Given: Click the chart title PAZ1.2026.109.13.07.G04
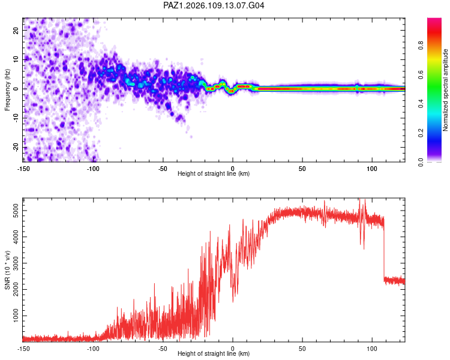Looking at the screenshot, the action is tap(214, 5).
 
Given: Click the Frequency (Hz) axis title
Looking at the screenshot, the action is tap(7, 90).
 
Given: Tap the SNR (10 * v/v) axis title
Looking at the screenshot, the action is tap(7, 270).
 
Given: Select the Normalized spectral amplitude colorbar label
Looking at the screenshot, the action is tap(445, 90).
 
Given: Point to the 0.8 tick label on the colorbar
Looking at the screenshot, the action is tap(421, 46).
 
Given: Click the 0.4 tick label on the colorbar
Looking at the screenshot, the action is tap(421, 104).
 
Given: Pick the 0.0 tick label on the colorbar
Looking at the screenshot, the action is tap(421, 162).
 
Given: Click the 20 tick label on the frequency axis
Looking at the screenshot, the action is tap(16, 30).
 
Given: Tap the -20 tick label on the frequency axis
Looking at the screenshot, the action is tap(16, 147).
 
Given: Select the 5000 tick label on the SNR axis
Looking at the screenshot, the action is tap(16, 211).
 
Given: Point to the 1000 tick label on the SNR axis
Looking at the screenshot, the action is tap(16, 316).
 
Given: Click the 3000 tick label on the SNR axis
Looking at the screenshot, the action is tap(16, 263).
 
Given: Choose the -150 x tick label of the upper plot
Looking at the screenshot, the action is tap(23, 169).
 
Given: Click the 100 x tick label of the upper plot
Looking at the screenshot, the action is tap(372, 169).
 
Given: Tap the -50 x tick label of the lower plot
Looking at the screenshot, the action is tap(163, 349).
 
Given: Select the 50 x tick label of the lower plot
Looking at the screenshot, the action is tap(302, 349).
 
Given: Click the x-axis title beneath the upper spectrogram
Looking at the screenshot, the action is tap(214, 173).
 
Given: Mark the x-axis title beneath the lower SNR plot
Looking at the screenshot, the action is tap(214, 353).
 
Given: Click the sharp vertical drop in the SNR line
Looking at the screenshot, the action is tap(384, 250).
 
